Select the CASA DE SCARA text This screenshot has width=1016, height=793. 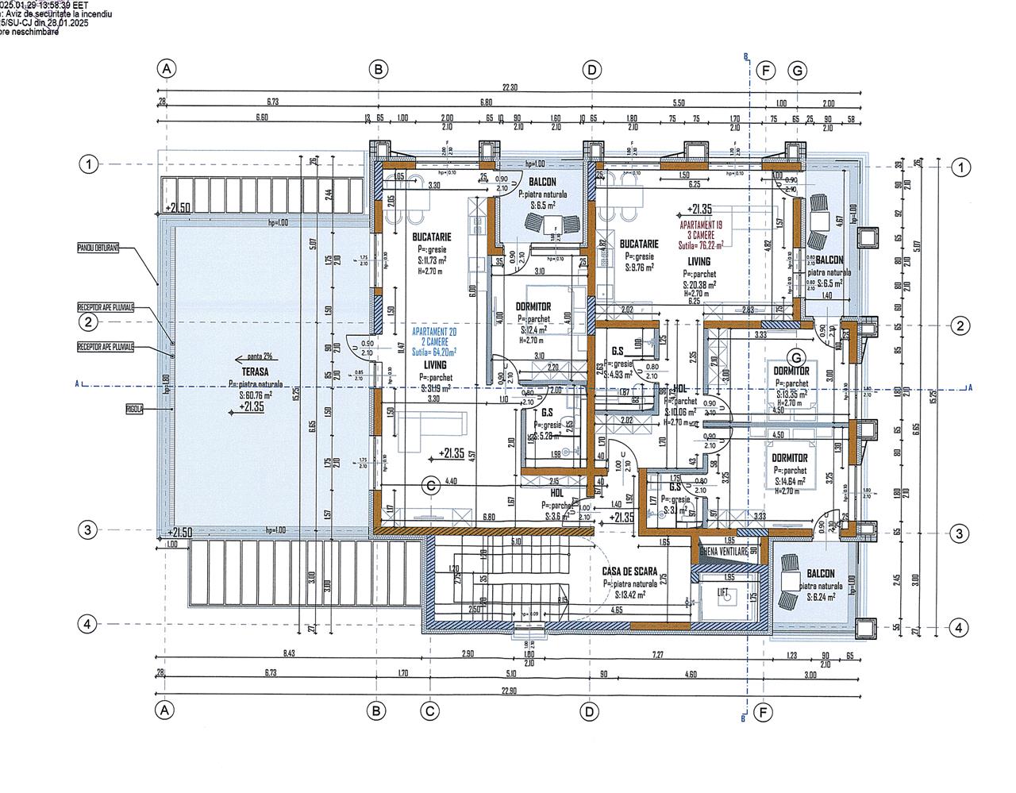pos(629,571)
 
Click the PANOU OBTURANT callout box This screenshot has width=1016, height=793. pos(98,248)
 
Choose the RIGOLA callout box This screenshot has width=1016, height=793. pos(133,410)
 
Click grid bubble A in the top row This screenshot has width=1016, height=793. pos(167,70)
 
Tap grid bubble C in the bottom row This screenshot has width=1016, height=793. pos(429,711)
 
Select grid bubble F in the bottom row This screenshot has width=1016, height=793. pos(764,711)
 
